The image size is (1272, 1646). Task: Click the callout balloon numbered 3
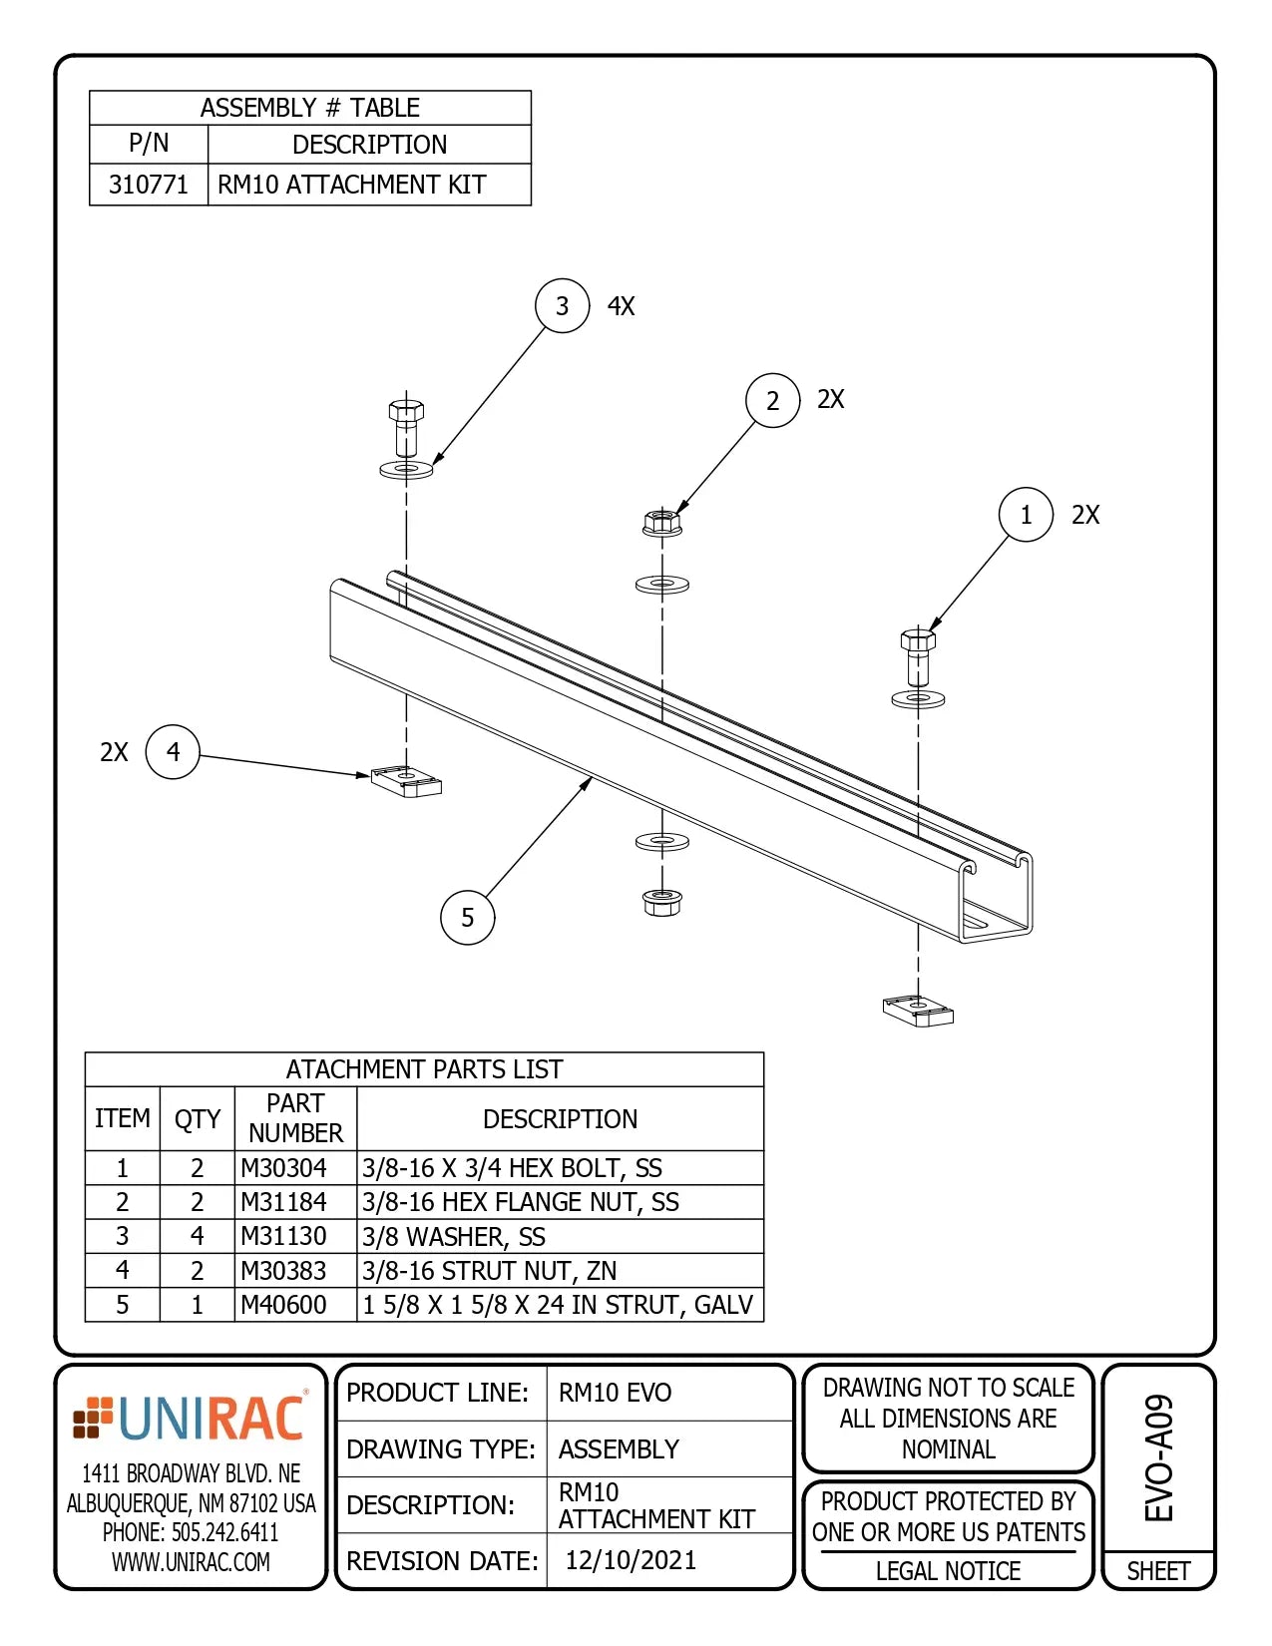tap(563, 305)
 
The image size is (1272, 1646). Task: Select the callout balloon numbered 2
tap(772, 400)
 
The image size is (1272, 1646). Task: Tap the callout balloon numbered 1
tap(1026, 515)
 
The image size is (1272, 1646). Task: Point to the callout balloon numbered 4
tap(173, 751)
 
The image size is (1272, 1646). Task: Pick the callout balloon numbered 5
tap(467, 917)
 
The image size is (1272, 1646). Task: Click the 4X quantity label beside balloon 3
tap(621, 306)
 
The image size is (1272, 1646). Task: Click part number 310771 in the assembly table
tap(148, 185)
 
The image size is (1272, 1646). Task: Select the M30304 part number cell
tap(283, 1168)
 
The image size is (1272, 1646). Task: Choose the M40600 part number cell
tap(283, 1305)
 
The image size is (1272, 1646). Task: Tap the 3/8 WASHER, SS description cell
tap(454, 1237)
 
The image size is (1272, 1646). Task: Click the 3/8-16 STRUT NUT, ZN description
tap(489, 1271)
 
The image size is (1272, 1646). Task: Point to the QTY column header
tap(197, 1119)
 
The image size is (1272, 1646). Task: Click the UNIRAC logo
tap(191, 1419)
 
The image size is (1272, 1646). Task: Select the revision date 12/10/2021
tap(631, 1560)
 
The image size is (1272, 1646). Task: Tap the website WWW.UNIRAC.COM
tap(191, 1562)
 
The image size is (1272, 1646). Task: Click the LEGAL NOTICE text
tap(948, 1571)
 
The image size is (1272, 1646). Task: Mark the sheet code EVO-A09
tap(1158, 1457)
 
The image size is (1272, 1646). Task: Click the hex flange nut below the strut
tap(661, 902)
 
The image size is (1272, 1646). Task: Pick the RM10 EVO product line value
tap(615, 1393)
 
